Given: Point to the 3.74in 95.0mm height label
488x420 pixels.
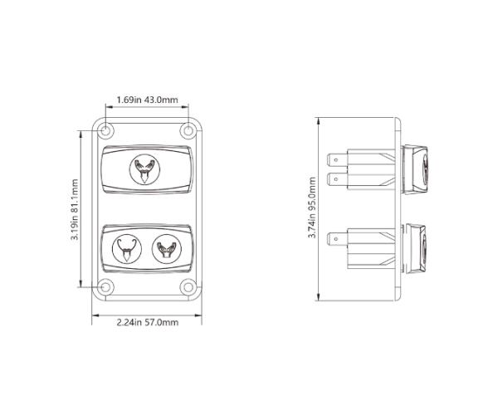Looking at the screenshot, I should pos(311,208).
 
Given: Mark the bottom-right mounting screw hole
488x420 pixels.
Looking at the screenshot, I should pos(188,288).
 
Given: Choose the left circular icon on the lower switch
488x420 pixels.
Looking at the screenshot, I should pos(125,247).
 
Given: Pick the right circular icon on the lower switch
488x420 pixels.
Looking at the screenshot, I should pos(166,247).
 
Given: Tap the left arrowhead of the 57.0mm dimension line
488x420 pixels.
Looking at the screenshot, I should pos(94,315).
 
